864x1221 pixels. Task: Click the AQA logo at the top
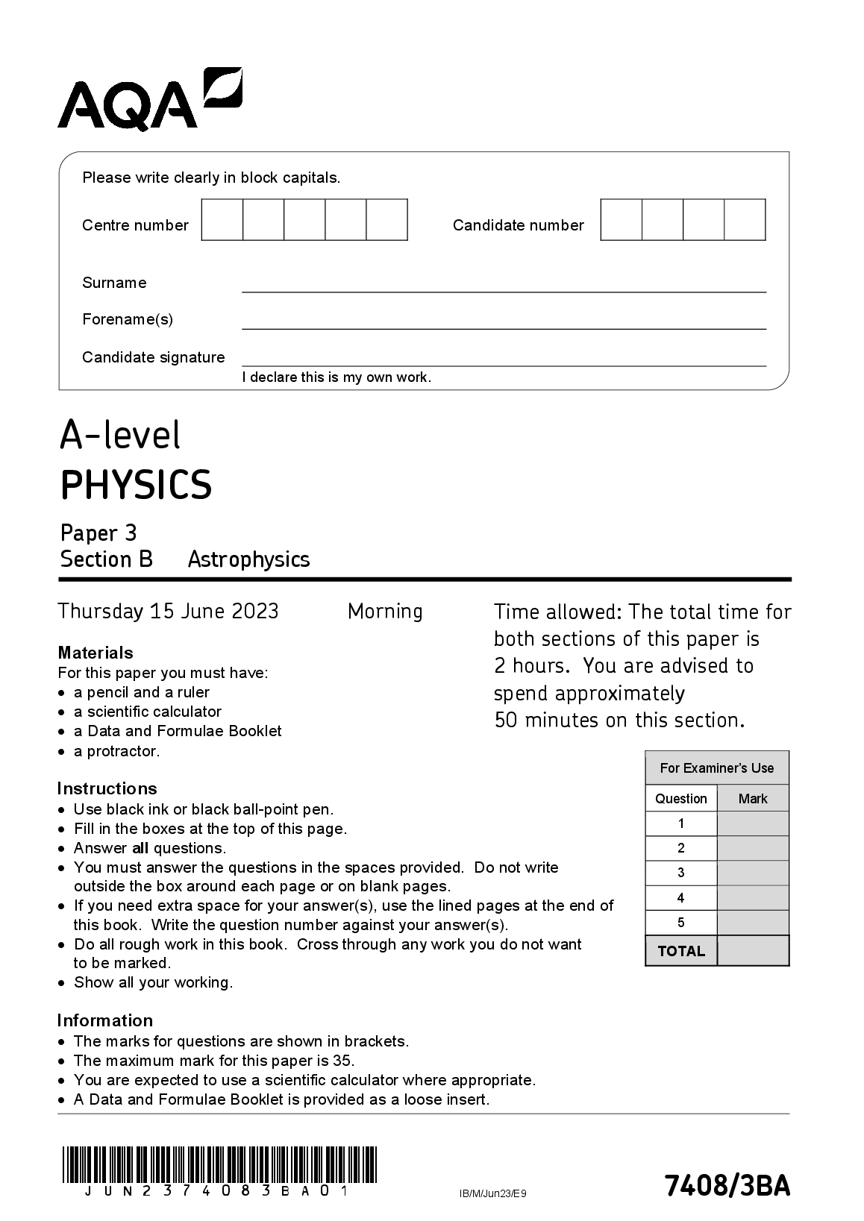coord(149,100)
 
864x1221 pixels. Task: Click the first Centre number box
coord(222,220)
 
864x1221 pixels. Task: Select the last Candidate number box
coord(745,220)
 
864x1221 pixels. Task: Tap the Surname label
coord(114,283)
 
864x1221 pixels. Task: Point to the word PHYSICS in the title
coord(136,485)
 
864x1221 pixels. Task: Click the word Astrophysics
coord(248,559)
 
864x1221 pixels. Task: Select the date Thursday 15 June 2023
coord(169,612)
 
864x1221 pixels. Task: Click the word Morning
coord(385,612)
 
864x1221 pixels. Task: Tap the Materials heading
coord(96,653)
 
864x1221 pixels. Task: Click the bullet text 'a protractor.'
coord(116,751)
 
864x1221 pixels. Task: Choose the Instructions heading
coord(107,788)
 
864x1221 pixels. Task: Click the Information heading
coord(104,1020)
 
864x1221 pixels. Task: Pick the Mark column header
coord(753,799)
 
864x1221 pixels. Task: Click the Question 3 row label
coord(680,873)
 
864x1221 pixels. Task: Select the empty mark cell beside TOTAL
coord(753,951)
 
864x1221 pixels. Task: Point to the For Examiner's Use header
coord(717,768)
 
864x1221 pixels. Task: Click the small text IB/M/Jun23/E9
coord(493,1193)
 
